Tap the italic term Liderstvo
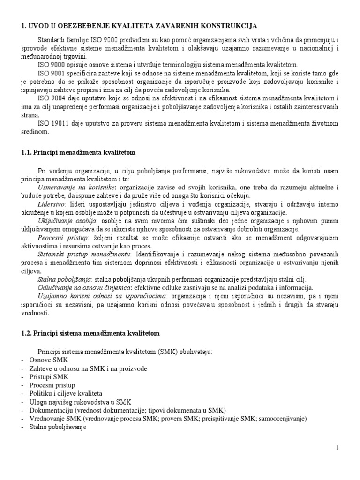pos(52,205)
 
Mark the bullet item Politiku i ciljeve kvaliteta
pos(66,394)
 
